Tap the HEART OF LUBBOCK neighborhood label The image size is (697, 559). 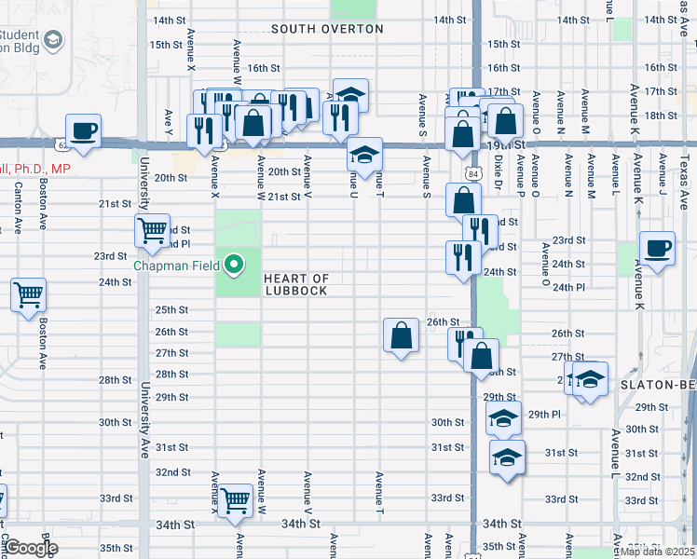point(296,284)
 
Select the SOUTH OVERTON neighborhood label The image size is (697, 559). point(327,29)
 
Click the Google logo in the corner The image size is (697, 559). point(31,548)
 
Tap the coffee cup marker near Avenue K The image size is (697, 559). point(658,249)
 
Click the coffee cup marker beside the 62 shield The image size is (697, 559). point(82,131)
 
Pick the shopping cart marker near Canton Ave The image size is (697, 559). point(29,295)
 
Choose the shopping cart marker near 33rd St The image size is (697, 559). point(236,501)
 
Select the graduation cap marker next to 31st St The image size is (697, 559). point(507,457)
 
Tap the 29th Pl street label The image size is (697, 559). point(545,414)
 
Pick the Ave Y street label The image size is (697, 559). point(168,122)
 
